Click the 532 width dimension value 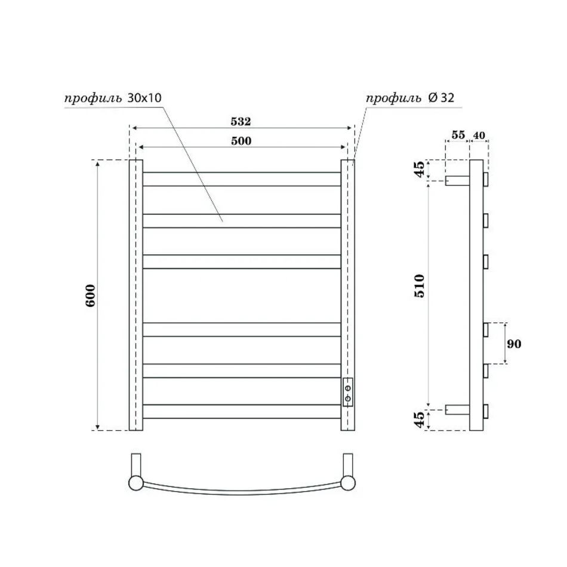[241, 121]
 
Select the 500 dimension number [241, 141]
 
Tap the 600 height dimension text [90, 295]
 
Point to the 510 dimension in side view [419, 286]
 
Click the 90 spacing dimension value [514, 344]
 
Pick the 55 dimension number [458, 135]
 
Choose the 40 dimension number [479, 135]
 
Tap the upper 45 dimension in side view [419, 170]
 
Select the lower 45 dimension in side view [419, 420]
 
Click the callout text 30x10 [144, 98]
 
